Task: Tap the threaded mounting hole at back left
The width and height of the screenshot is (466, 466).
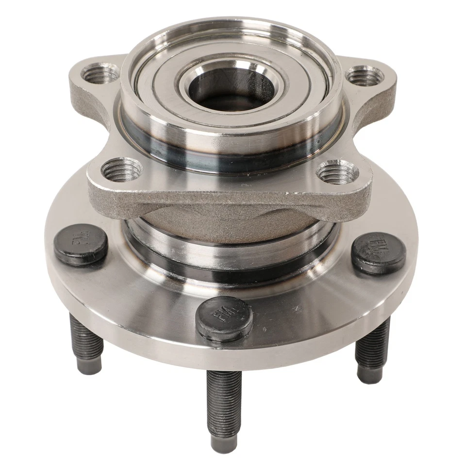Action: click(x=100, y=74)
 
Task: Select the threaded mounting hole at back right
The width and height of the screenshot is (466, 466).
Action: click(x=364, y=77)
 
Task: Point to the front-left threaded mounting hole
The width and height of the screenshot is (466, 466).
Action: click(x=122, y=171)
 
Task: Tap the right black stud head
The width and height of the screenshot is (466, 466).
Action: click(x=379, y=252)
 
